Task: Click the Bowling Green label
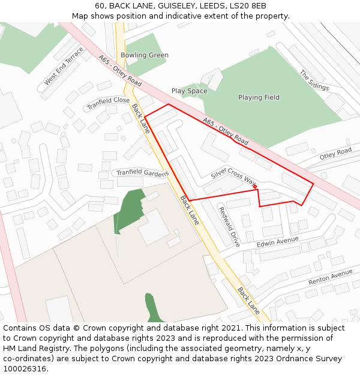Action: pos(144,55)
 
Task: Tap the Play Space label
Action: pos(189,91)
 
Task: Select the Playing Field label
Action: pos(259,97)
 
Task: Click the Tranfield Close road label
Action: pos(108,103)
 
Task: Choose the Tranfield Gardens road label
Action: pos(142,172)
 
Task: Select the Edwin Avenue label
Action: pos(277,242)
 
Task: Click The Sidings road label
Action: pos(314,80)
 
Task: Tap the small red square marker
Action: pos(255,187)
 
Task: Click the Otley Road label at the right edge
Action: pos(335,154)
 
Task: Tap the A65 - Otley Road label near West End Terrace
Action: pos(120,71)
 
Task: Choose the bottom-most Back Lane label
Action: pos(248,301)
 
